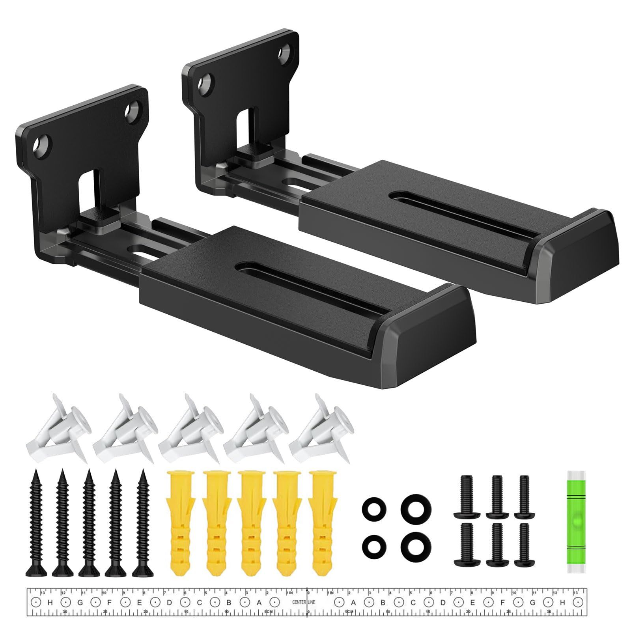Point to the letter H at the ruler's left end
(50, 580)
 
